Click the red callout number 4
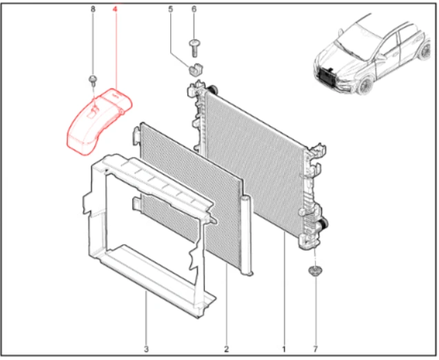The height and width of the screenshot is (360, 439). coord(115,9)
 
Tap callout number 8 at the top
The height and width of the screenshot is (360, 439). coord(93,9)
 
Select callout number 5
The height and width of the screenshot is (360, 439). coord(170,9)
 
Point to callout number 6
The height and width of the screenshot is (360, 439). coord(194,9)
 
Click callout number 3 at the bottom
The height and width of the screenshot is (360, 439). coord(146,349)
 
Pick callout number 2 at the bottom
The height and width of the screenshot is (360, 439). coord(226,349)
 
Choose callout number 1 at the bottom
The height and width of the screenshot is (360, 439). coord(284,349)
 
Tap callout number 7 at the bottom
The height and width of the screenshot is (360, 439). coord(316,349)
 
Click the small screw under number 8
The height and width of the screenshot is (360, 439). coord(93,80)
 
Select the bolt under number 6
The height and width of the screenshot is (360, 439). coord(194,48)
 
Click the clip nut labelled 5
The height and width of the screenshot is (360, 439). coord(196,70)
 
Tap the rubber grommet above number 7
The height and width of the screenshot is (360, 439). coord(315,271)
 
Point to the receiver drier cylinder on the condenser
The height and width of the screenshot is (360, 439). coord(247,235)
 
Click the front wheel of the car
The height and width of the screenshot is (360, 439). coord(366,85)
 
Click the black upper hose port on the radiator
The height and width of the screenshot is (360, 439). coord(212,90)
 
